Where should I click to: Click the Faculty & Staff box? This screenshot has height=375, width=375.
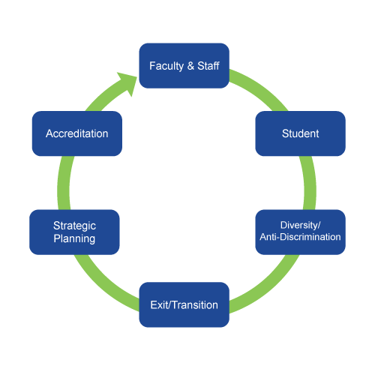[x=184, y=66]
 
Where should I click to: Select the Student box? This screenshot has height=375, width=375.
[x=300, y=133]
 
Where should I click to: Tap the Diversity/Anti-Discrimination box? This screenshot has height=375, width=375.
[x=300, y=232]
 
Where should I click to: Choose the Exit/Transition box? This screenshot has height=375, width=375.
[x=184, y=304]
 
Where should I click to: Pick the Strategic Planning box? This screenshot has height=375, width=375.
[x=74, y=232]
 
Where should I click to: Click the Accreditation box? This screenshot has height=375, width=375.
[x=77, y=133]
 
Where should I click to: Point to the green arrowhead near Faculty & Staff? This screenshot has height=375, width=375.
[x=127, y=82]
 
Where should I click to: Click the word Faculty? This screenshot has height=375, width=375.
[x=166, y=66]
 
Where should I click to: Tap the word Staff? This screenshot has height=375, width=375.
[x=208, y=66]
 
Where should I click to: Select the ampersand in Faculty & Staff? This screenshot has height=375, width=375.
[x=190, y=66]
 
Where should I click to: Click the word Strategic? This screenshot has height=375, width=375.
[x=74, y=226]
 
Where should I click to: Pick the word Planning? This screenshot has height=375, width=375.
[x=74, y=238]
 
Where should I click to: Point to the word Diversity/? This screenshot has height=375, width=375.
[x=300, y=225]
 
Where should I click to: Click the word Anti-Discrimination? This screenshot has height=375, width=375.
[x=300, y=237]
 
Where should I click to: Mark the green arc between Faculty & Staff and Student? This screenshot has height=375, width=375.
[x=261, y=88]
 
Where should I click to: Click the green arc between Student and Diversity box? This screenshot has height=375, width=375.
[x=310, y=183]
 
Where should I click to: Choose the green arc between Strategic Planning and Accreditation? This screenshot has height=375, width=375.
[x=64, y=183]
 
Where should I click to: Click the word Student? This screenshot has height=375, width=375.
[x=300, y=133]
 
